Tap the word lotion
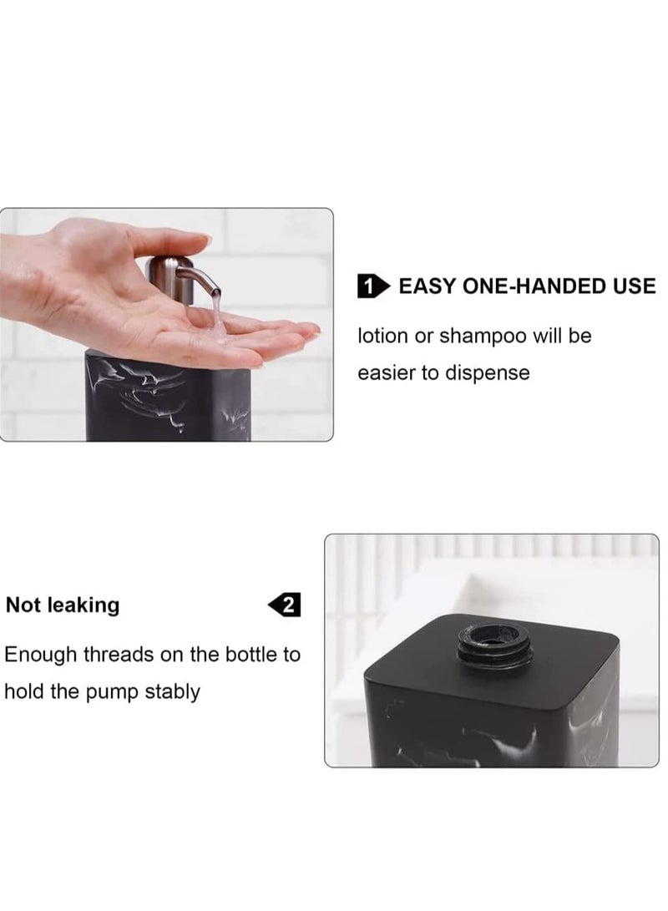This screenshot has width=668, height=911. tap(383, 337)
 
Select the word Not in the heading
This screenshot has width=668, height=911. tap(23, 605)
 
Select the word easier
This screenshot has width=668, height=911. tap(387, 372)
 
